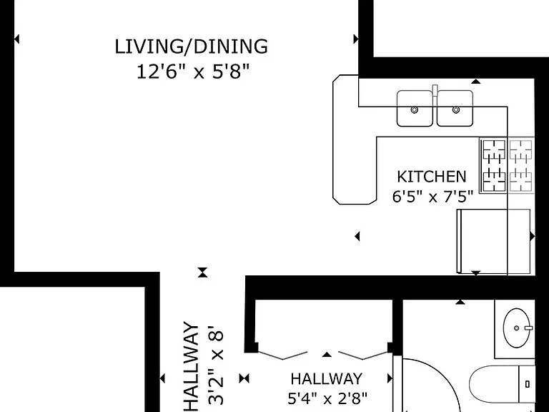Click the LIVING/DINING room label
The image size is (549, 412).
pos(192,46)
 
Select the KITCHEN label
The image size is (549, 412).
pos(432,177)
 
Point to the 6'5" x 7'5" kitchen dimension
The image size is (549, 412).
pos(432,197)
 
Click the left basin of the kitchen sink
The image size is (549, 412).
pos(415,108)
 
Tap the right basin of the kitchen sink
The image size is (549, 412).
pos(455,108)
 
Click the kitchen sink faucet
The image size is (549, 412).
pos(435,90)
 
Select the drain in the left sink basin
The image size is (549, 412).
pos(415,109)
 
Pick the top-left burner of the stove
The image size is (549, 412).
pos(494,149)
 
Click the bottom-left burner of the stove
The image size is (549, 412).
pos(494,181)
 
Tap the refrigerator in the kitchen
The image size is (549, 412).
pos(494,241)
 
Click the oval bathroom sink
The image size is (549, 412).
pos(517,328)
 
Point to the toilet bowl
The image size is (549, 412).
pos(494,384)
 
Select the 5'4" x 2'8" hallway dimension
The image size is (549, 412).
pos(327,398)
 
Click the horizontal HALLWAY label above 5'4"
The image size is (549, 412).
pos(326,378)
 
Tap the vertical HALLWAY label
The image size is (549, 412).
pos(192,367)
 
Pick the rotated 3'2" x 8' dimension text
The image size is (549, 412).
pos(215,365)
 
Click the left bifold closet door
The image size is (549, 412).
pos(282,355)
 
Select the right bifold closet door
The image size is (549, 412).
pos(364,355)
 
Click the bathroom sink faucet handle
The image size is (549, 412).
pos(529,328)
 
